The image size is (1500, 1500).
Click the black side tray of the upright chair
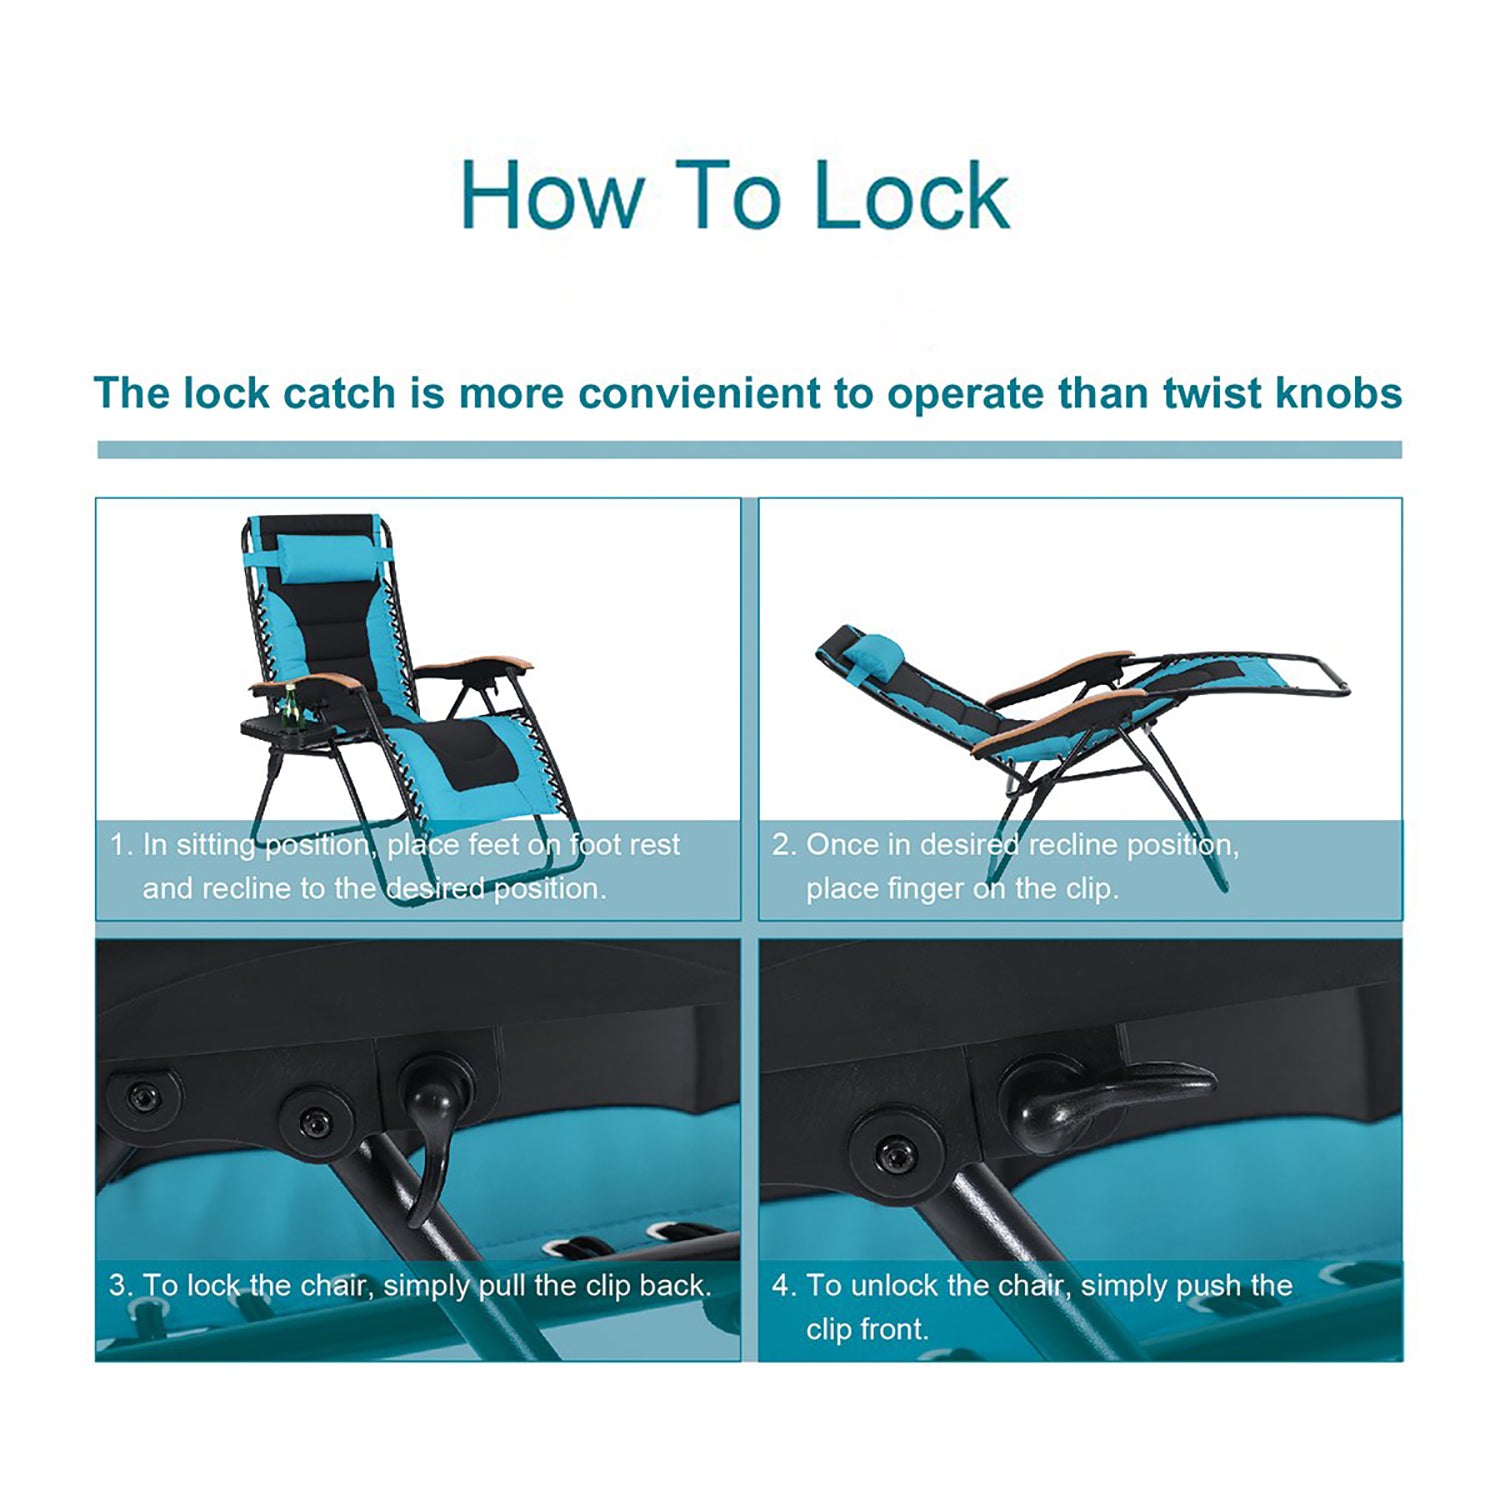click(283, 730)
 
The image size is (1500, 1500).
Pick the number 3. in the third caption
click(121, 1285)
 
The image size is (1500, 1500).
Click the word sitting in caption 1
click(216, 847)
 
